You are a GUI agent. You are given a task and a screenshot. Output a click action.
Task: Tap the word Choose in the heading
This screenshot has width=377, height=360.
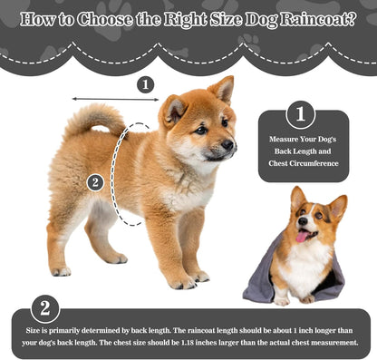click(x=104, y=20)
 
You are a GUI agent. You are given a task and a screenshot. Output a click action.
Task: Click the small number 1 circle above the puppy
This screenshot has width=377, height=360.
click(x=146, y=85)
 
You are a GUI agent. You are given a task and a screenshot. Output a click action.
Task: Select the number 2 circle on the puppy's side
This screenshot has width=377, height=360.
click(x=95, y=183)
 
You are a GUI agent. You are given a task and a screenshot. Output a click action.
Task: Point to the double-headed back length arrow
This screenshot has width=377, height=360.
click(x=115, y=99)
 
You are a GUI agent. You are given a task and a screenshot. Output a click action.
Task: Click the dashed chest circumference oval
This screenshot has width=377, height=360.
click(x=114, y=174)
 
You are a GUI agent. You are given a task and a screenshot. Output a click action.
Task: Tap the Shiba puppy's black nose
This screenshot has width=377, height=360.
click(x=227, y=145)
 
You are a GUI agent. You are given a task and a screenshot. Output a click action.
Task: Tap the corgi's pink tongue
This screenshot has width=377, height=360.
click(x=302, y=236)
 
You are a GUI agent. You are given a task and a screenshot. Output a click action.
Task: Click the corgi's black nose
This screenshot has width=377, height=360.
click(x=303, y=221)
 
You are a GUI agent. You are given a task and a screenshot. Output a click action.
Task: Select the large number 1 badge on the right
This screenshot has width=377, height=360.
click(x=301, y=114)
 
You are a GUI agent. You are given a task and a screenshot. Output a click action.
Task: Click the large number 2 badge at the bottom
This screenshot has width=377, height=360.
click(x=45, y=309)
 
